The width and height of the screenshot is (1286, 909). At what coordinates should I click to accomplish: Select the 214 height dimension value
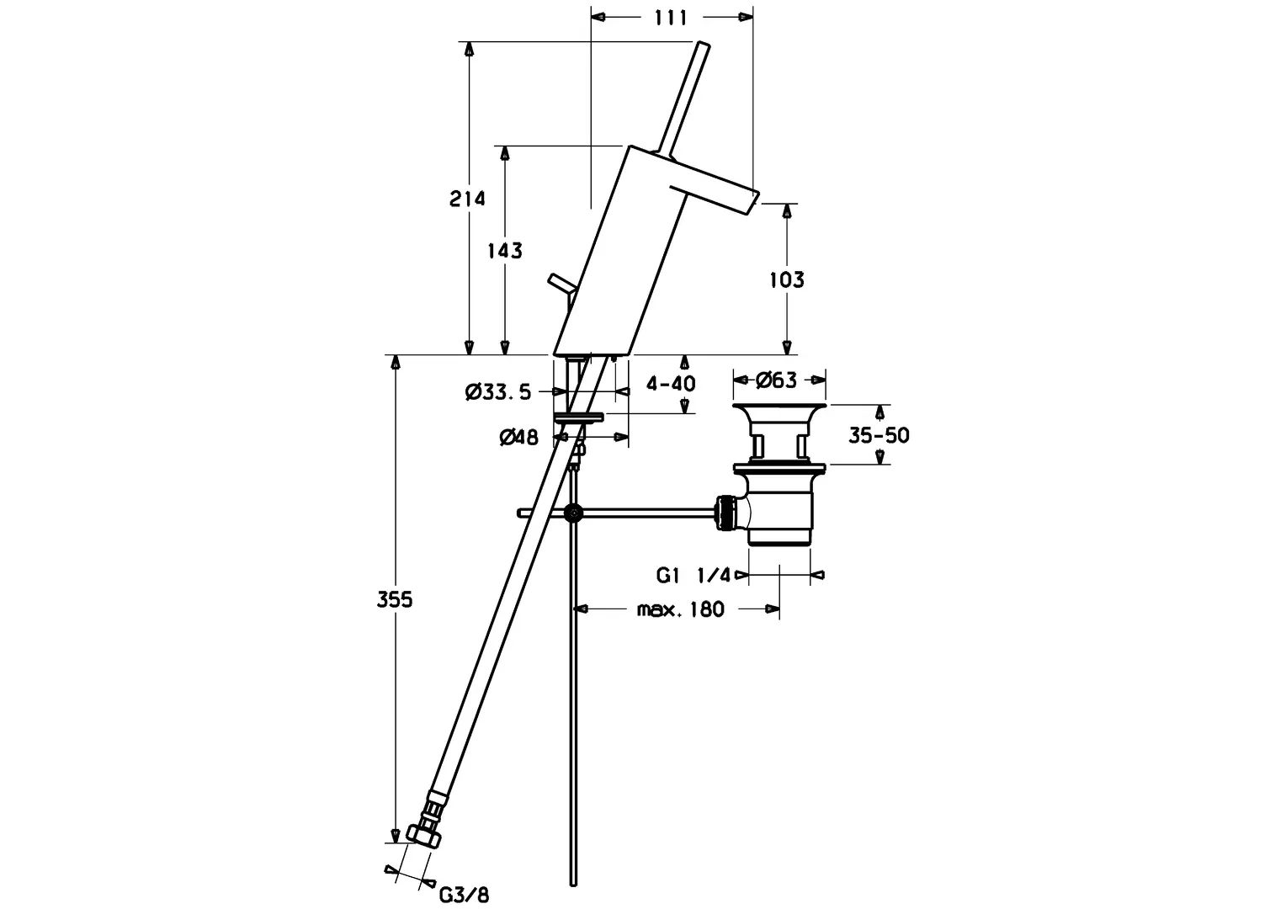click(x=467, y=199)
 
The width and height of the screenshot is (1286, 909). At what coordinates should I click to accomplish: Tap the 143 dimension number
click(x=505, y=250)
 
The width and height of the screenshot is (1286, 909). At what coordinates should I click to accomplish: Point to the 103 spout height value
click(x=787, y=279)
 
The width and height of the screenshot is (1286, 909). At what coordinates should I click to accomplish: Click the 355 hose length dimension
click(x=394, y=600)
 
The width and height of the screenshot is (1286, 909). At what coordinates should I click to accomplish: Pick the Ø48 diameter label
click(x=518, y=437)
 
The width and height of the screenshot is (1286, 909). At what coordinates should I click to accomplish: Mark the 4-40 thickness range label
click(x=671, y=384)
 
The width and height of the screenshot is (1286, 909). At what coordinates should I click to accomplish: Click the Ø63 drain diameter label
click(x=776, y=380)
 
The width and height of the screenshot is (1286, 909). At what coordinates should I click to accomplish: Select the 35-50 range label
click(x=878, y=435)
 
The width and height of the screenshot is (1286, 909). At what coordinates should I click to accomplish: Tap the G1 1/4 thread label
click(x=694, y=576)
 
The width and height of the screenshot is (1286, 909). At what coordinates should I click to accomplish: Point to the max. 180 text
click(x=680, y=609)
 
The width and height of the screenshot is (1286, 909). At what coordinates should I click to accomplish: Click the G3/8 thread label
click(x=464, y=894)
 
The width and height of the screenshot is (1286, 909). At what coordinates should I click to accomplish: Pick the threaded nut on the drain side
click(x=724, y=513)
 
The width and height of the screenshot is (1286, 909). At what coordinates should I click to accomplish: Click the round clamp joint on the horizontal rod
click(x=574, y=512)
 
